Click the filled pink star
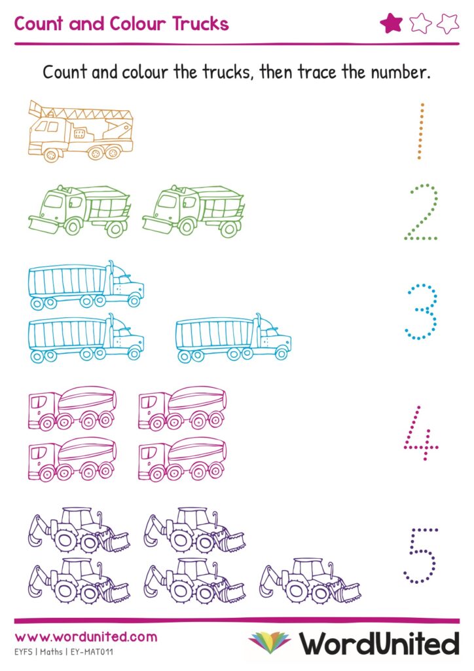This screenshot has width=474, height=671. [x=391, y=23]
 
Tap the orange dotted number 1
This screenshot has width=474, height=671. [x=421, y=131]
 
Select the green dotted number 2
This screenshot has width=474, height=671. [x=421, y=212]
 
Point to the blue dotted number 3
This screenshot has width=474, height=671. [x=421, y=311]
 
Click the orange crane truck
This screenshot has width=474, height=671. [x=81, y=131]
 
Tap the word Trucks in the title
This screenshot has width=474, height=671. [x=200, y=24]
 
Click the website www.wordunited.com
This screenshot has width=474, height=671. [x=86, y=637]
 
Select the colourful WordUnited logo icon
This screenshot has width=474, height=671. [x=269, y=643]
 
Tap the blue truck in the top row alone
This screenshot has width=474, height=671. [x=86, y=284]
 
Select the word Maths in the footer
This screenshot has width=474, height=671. [x=51, y=652]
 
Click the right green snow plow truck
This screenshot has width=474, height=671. [x=193, y=211]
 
